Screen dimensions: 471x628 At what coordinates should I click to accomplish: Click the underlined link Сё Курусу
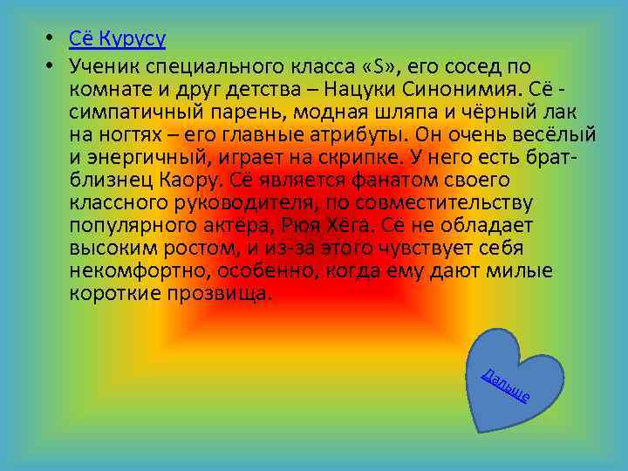click(x=118, y=39)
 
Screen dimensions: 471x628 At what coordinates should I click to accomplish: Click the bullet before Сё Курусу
click(x=52, y=40)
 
